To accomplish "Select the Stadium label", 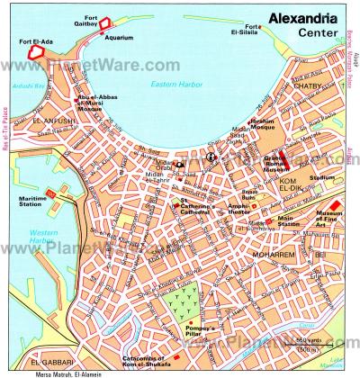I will click(x=318, y=178).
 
